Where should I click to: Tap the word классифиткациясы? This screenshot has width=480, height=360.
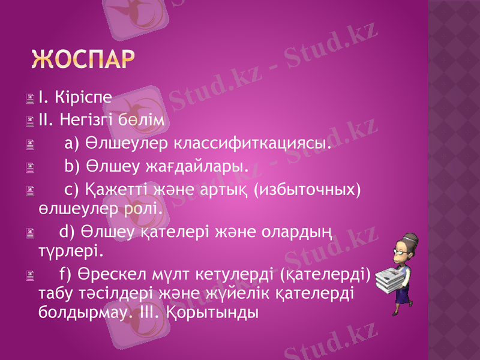pyautogui.click(x=253, y=144)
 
